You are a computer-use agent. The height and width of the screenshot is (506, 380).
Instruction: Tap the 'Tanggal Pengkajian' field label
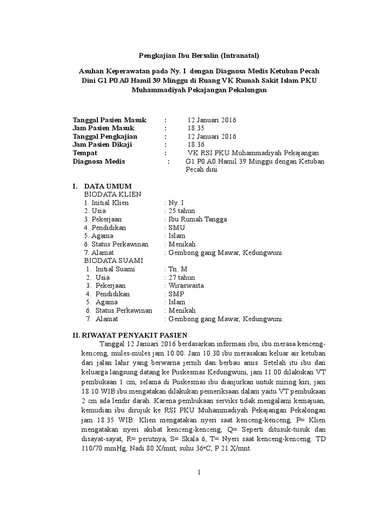(x=105, y=136)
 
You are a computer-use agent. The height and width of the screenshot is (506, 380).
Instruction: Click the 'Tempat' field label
(x=85, y=153)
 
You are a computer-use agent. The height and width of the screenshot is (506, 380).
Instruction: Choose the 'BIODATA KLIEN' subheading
(x=112, y=195)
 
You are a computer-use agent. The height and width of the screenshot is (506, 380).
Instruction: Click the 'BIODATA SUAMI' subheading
(x=113, y=261)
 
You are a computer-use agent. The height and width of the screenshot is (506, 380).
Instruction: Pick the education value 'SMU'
(x=176, y=228)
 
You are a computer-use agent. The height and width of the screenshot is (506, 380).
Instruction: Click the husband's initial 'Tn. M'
(x=178, y=269)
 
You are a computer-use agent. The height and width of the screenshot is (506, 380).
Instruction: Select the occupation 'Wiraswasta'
(x=186, y=286)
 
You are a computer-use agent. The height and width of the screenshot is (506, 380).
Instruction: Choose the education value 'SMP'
(x=176, y=294)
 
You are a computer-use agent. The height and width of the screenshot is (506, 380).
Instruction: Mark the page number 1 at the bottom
(x=198, y=473)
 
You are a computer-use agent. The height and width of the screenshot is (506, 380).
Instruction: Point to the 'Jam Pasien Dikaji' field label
(x=102, y=145)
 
